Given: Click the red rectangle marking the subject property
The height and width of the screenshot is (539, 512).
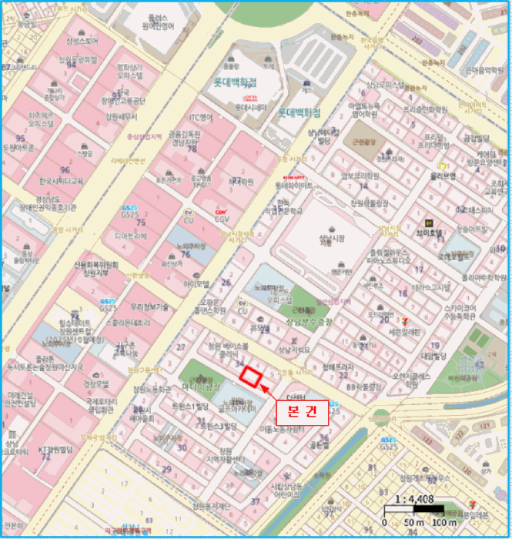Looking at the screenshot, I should click(x=249, y=377).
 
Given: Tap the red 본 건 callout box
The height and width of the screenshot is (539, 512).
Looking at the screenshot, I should click(x=302, y=412).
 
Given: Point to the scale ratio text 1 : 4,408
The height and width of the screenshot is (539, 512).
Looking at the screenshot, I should click(x=414, y=499).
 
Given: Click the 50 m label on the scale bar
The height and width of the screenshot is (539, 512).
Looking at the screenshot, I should click(x=414, y=524).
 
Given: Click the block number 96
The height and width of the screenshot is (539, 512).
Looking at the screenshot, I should click(x=65, y=169).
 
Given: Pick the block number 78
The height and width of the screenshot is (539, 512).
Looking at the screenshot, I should click(x=190, y=148).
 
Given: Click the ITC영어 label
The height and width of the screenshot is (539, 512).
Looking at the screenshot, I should click(x=201, y=118).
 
